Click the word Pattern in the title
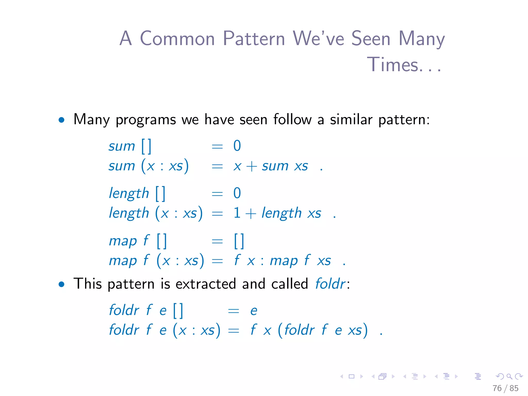254,39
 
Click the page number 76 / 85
505,388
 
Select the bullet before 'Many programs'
61,120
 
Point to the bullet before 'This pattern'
61,284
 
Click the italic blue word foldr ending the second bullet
330,284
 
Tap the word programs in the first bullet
146,120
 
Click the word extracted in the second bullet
206,284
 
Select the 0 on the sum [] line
237,146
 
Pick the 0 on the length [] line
237,193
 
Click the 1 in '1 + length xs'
237,213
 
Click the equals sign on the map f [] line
217,241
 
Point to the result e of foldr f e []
254,310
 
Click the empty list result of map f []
239,241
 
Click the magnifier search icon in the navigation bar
509,377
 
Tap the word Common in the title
177,39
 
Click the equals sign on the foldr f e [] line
234,311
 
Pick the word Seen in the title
371,39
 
